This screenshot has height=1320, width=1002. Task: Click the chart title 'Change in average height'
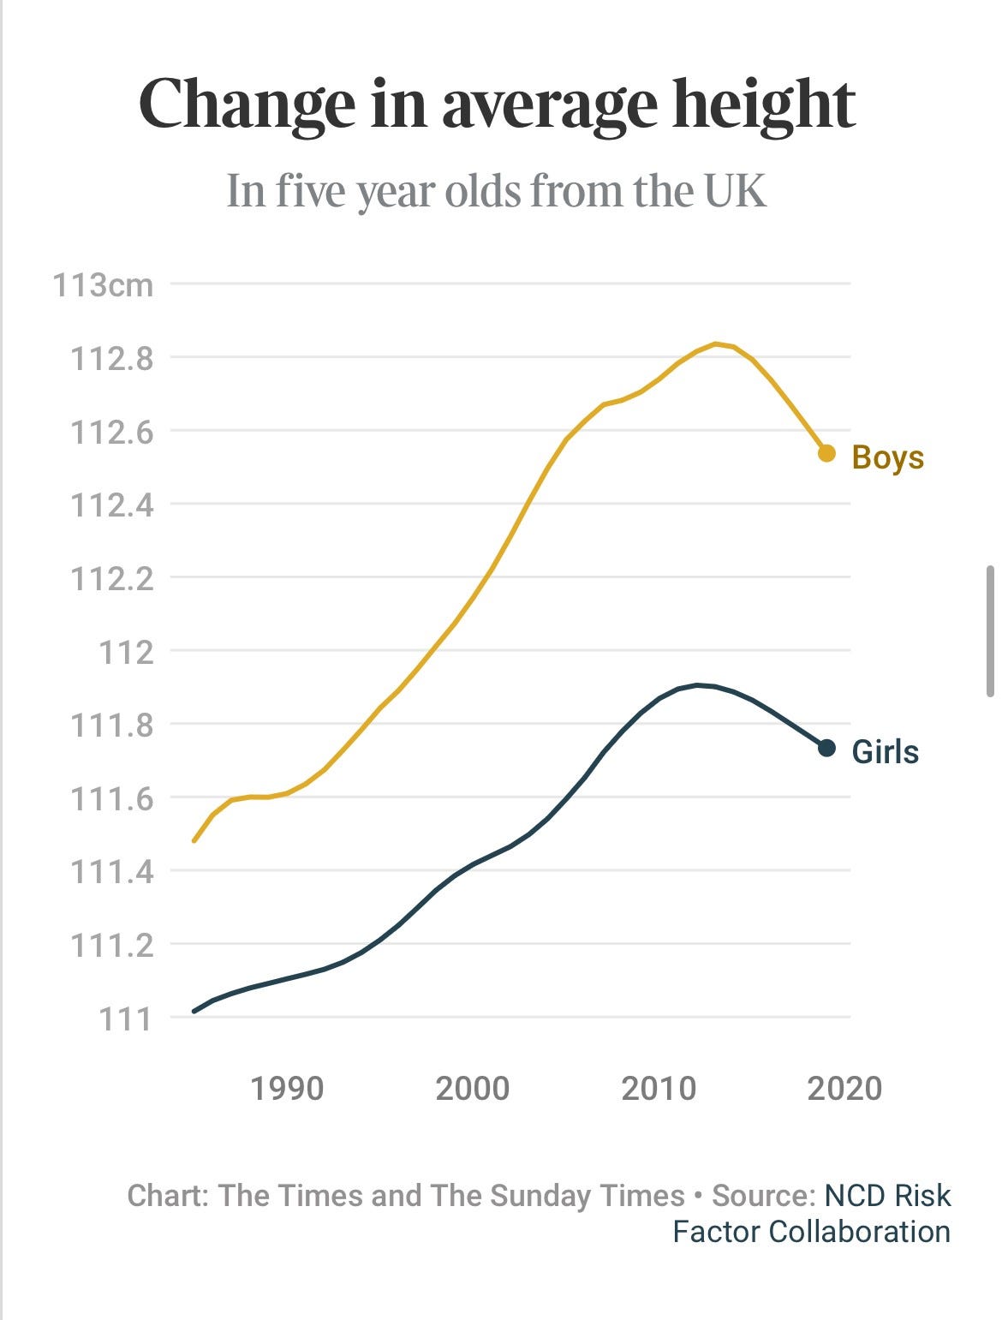[498, 105]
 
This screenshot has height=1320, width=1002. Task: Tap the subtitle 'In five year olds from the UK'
[496, 190]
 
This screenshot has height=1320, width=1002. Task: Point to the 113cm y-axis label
[104, 284]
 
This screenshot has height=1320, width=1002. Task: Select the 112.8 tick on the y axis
[112, 358]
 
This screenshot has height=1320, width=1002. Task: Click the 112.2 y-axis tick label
[112, 578]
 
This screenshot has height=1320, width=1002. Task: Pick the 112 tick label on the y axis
[126, 652]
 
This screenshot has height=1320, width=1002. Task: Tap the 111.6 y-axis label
[112, 798]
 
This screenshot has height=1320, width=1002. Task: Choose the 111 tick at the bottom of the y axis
[126, 1018]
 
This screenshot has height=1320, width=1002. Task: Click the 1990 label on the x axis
[287, 1088]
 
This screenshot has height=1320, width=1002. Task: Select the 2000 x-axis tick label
[473, 1088]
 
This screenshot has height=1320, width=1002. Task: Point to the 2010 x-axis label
[659, 1088]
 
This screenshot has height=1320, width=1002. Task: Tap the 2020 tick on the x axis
[844, 1088]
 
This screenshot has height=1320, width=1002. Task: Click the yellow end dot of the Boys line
[826, 453]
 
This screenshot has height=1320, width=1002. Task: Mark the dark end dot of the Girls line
[826, 748]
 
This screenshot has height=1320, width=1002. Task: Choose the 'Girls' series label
[886, 751]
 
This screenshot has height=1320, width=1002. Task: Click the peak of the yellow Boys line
[716, 343]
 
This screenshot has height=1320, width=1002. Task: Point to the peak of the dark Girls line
[698, 684]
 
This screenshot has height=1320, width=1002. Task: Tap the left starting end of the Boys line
[194, 840]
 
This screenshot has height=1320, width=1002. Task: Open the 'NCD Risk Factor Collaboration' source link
[886, 1196]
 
